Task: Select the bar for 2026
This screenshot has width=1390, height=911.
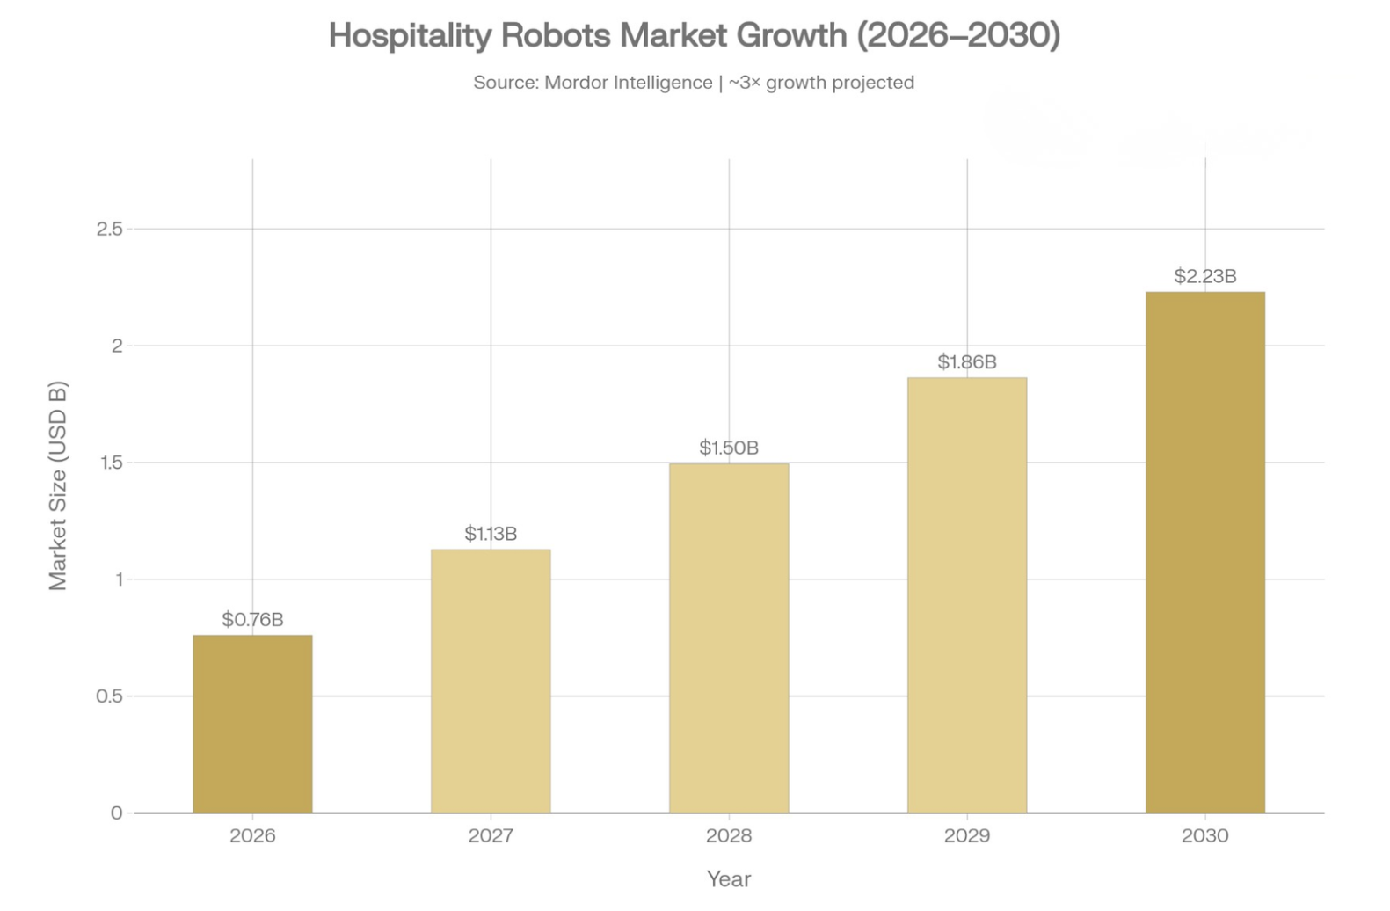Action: (252, 724)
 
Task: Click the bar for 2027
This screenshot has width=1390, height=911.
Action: (491, 681)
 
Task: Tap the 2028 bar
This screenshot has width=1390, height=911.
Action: (729, 638)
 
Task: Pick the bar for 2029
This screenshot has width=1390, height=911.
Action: (967, 595)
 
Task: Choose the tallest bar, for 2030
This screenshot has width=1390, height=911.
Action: (1204, 552)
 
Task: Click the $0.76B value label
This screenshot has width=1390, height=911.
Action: (252, 620)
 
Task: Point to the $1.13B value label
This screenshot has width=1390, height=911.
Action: (491, 534)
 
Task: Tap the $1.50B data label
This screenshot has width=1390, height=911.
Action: (729, 448)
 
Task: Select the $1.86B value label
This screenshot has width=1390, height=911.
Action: (967, 362)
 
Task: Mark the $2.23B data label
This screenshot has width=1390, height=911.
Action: (1204, 276)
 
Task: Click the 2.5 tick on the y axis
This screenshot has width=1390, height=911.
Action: (110, 230)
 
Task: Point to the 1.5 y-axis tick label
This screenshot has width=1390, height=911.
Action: (111, 463)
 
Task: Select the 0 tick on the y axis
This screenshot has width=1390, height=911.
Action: (116, 813)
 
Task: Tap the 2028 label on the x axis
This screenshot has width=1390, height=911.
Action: (729, 835)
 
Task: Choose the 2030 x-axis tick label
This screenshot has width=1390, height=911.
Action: (1204, 835)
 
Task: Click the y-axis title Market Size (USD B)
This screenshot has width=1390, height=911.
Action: (58, 485)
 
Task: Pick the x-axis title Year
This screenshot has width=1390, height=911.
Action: (729, 878)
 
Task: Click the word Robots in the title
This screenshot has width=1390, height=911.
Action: (555, 36)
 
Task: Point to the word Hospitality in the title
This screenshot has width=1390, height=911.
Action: (410, 36)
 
